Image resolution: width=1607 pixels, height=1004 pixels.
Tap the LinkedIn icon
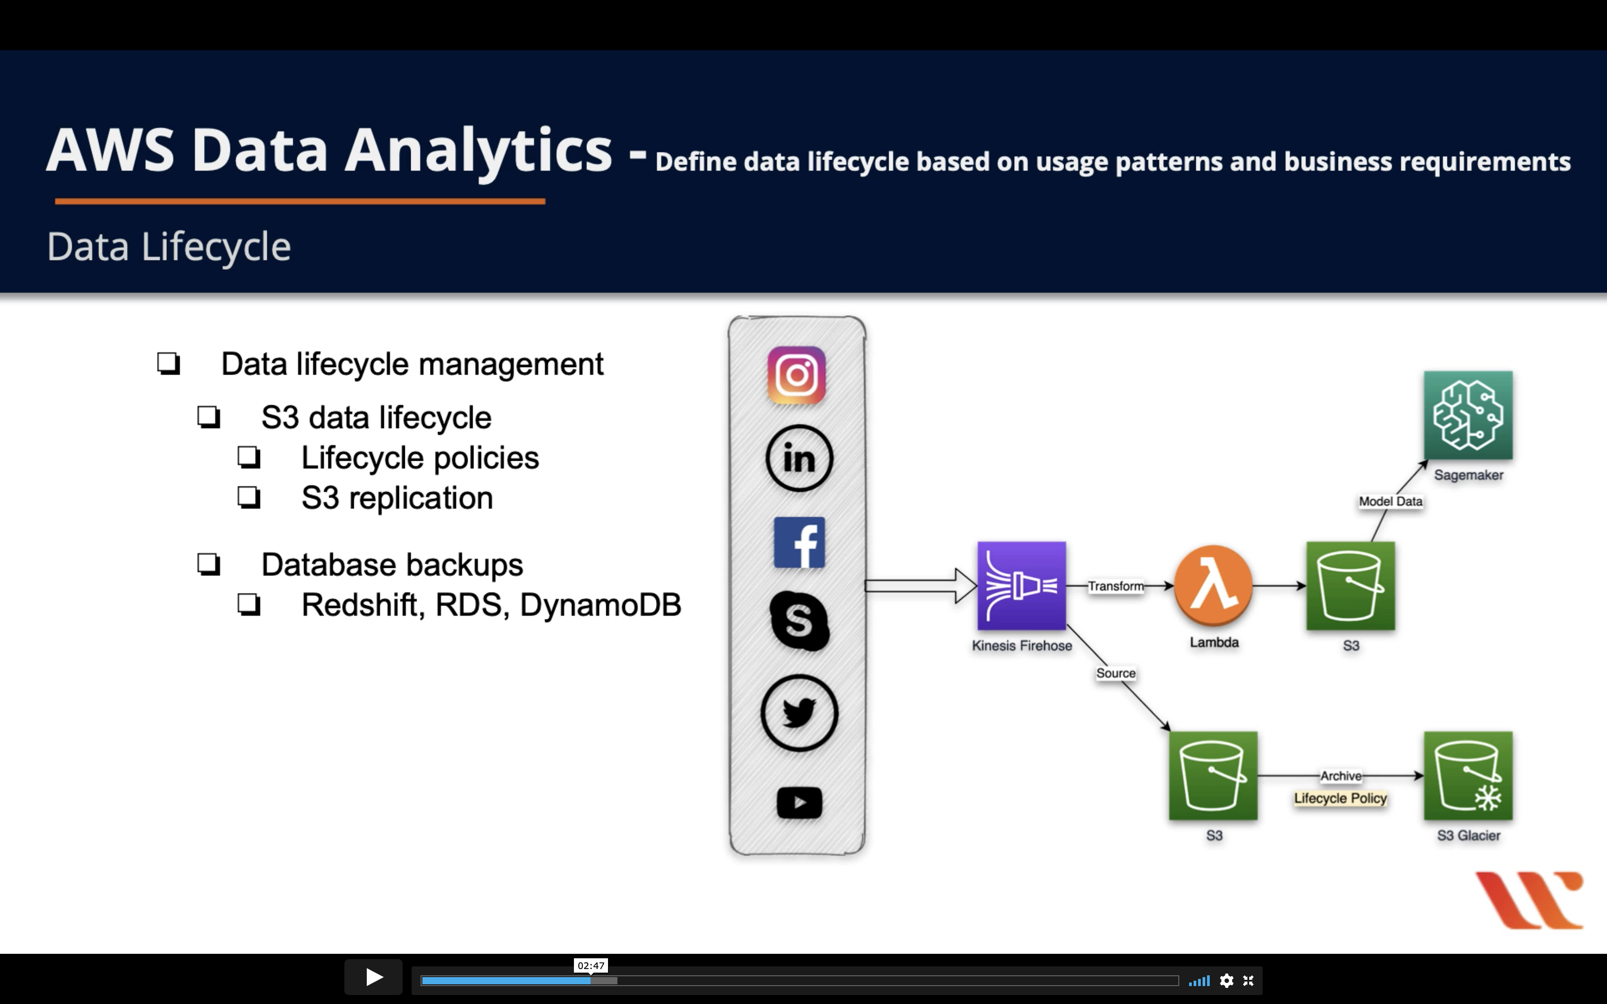click(x=799, y=458)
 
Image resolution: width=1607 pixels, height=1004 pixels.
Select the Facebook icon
click(x=799, y=542)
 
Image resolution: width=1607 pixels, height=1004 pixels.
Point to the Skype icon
click(x=799, y=621)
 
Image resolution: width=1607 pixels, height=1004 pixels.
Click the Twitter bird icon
click(x=799, y=713)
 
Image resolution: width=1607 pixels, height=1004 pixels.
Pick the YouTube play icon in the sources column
click(x=799, y=803)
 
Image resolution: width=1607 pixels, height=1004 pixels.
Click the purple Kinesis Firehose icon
click(x=1021, y=586)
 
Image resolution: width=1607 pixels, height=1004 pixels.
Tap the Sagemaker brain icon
click(x=1468, y=415)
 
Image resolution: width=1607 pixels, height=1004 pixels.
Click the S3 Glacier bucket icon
click(x=1468, y=775)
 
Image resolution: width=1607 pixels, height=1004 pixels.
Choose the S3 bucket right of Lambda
click(x=1350, y=586)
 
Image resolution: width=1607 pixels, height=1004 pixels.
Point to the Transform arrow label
click(x=1116, y=586)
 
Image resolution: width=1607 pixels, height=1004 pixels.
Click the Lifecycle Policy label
click(x=1340, y=798)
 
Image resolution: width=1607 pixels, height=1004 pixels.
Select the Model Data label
click(x=1390, y=502)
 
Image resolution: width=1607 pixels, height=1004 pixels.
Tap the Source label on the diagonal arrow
click(x=1116, y=673)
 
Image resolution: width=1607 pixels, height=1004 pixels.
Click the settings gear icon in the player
click(x=1226, y=981)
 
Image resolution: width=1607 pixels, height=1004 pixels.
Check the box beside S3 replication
click(x=249, y=498)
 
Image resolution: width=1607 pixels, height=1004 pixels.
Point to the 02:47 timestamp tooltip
click(x=591, y=965)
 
